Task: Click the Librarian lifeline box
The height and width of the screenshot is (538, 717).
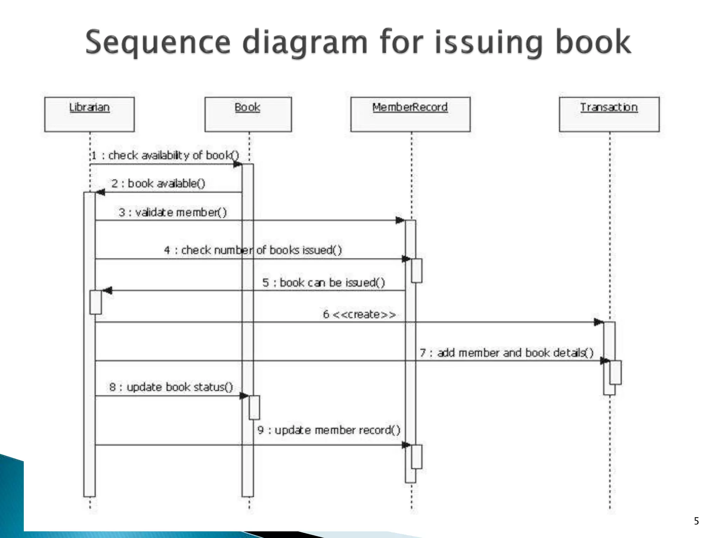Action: (89, 114)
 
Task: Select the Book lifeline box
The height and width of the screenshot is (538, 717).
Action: (248, 114)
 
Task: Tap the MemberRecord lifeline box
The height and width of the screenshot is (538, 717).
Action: (410, 114)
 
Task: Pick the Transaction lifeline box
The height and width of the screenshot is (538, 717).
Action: (609, 114)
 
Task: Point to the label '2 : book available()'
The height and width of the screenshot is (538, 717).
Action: (158, 183)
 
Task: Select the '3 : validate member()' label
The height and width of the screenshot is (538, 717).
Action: (173, 212)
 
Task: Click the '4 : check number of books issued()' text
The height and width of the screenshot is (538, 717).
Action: (253, 250)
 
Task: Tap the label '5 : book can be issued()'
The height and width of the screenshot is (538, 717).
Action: (323, 282)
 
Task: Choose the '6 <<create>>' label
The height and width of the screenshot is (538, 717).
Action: (359, 314)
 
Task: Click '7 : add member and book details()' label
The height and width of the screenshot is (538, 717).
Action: (507, 352)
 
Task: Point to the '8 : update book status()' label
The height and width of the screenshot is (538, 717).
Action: (171, 387)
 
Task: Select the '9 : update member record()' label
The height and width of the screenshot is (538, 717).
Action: (329, 430)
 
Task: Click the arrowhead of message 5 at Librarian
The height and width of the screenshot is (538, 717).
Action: (107, 290)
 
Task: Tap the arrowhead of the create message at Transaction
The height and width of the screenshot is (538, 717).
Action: (598, 322)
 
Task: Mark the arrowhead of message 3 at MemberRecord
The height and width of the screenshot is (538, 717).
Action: (400, 220)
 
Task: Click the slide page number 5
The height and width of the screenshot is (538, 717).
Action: (696, 521)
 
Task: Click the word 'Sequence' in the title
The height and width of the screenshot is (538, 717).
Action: (158, 42)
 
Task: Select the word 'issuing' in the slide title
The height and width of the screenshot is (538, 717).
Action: (488, 42)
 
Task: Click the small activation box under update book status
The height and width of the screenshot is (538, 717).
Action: (254, 407)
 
